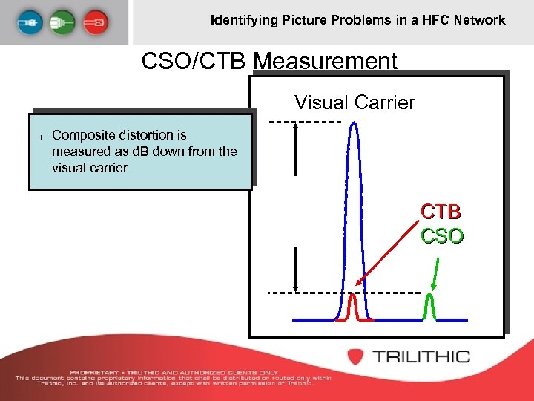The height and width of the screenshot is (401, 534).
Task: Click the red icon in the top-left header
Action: [97, 22]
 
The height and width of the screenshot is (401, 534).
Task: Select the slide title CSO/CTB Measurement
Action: [269, 61]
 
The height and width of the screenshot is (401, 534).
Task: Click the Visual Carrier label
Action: [355, 102]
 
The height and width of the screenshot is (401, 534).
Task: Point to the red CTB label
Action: [442, 212]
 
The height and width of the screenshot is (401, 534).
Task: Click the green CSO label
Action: [442, 236]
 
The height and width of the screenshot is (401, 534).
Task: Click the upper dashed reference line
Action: [304, 121]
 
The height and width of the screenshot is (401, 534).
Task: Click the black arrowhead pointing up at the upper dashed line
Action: [296, 128]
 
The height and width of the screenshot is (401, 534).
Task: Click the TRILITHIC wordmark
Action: [421, 356]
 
